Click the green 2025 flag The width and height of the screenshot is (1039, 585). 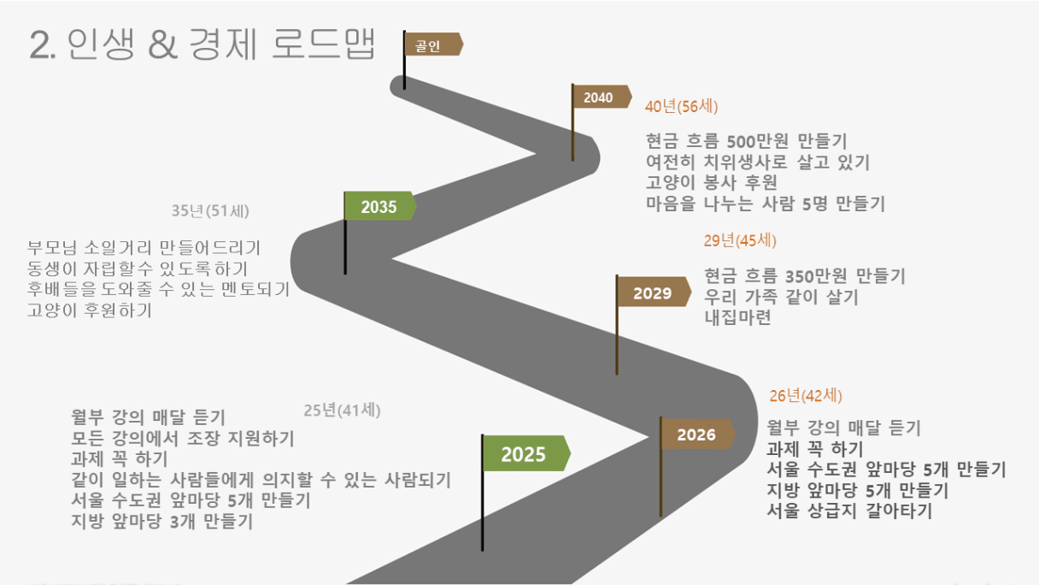(x=526, y=453)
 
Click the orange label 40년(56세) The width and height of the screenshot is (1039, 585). (x=681, y=106)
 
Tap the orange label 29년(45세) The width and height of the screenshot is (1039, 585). (x=740, y=240)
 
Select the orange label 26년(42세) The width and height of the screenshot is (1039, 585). (x=806, y=396)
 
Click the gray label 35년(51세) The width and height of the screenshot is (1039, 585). (x=210, y=210)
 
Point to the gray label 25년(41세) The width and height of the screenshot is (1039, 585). (x=342, y=411)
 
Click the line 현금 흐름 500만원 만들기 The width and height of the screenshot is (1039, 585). (x=746, y=140)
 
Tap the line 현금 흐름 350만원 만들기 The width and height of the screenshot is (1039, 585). (x=805, y=275)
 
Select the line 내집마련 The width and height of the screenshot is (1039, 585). (x=737, y=317)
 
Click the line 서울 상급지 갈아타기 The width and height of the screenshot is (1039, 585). (x=849, y=511)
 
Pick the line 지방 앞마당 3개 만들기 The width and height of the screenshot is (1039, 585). (x=161, y=521)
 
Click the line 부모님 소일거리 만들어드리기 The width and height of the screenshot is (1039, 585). (x=144, y=247)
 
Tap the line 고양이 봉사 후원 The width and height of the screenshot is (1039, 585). (x=712, y=182)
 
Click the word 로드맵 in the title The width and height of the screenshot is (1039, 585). (x=323, y=44)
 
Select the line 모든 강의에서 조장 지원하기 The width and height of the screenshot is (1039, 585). (x=182, y=438)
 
